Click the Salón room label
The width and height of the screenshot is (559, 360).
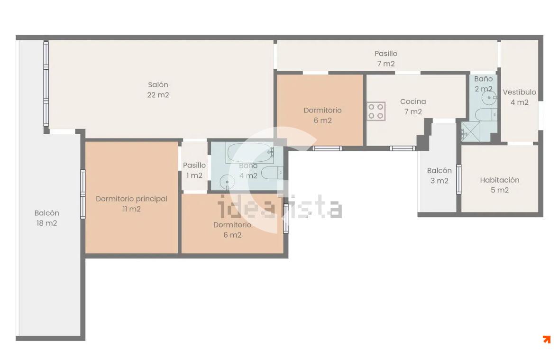point(158,90)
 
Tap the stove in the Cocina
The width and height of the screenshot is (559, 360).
point(376,111)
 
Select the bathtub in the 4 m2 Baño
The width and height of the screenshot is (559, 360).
point(250,152)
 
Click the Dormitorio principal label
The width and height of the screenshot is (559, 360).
point(131,204)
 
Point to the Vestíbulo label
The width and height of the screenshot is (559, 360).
point(520,97)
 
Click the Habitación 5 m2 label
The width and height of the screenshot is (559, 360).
point(499,185)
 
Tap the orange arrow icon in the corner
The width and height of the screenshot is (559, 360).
point(547,339)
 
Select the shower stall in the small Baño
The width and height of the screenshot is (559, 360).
point(471,132)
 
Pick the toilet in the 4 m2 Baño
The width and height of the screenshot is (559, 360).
point(272,173)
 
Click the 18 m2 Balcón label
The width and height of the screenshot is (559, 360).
point(47,218)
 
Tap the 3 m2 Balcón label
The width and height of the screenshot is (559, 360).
point(439,175)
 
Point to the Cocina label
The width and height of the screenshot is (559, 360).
point(413,106)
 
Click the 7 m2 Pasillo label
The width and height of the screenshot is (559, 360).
point(386,58)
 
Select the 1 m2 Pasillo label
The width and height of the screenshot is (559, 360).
point(194,170)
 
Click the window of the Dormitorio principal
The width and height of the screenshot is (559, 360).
point(82,194)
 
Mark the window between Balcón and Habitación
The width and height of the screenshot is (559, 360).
point(459,179)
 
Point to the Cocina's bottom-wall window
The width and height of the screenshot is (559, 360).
point(403,148)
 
